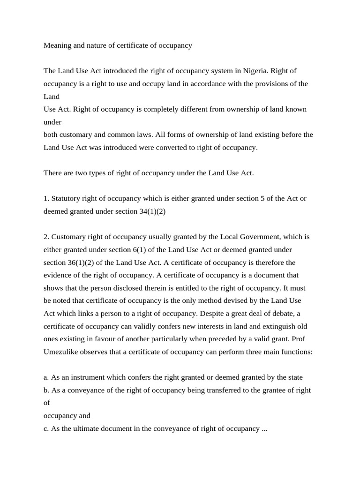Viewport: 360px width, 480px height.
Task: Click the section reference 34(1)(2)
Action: pos(153,211)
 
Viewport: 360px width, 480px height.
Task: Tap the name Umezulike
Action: pos(63,351)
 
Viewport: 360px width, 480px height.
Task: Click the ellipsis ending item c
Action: pos(264,428)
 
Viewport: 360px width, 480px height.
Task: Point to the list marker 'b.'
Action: pos(46,390)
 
